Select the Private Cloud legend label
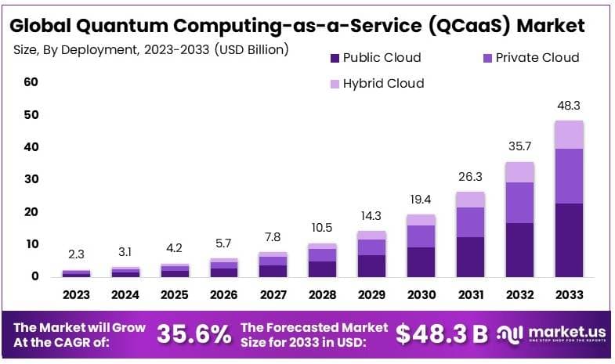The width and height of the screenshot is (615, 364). tap(538, 57)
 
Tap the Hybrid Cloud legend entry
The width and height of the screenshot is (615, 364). tap(383, 83)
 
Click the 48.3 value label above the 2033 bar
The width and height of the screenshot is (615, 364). tap(569, 105)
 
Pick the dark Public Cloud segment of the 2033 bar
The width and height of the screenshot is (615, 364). tap(569, 240)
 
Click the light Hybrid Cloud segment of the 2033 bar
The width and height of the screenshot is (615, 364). tap(569, 134)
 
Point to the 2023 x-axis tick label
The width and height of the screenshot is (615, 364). tap(76, 295)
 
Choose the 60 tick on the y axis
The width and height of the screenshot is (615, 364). tap(31, 82)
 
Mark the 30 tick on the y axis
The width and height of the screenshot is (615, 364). tap(31, 179)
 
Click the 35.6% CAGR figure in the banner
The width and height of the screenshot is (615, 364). tap(194, 334)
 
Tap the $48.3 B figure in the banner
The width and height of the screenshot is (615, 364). tap(441, 334)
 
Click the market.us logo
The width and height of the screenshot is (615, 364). tap(552, 335)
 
